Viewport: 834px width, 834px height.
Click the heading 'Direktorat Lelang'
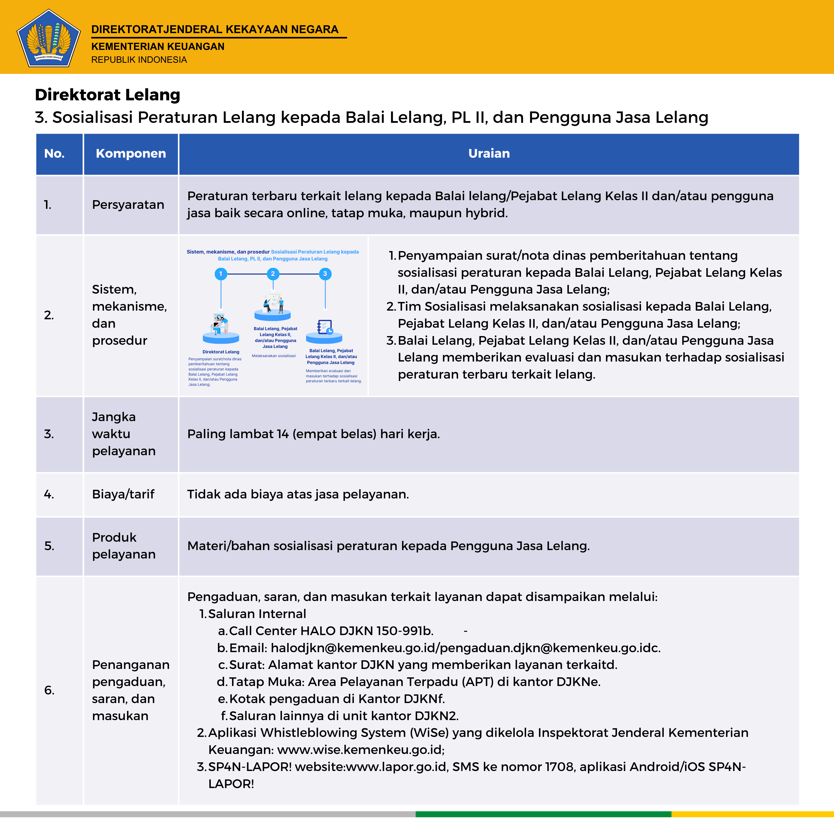tap(107, 95)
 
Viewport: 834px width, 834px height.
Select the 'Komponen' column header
tap(131, 154)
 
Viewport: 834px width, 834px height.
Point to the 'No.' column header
tap(54, 154)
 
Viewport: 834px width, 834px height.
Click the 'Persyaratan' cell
tap(128, 205)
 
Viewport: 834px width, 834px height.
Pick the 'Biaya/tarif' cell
tap(123, 494)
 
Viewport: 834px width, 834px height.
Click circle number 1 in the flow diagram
tap(221, 274)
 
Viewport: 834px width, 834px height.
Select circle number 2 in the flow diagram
tap(273, 274)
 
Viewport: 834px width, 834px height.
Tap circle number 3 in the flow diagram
tap(325, 274)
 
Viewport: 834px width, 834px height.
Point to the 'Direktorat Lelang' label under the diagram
tap(221, 352)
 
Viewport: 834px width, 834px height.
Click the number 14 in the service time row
tap(283, 434)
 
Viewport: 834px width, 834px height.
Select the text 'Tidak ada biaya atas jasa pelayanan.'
tap(298, 494)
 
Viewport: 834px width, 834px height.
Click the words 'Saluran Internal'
tap(257, 614)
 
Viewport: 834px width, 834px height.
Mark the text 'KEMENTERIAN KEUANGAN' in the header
tap(158, 47)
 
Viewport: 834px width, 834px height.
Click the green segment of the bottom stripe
tap(543, 814)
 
